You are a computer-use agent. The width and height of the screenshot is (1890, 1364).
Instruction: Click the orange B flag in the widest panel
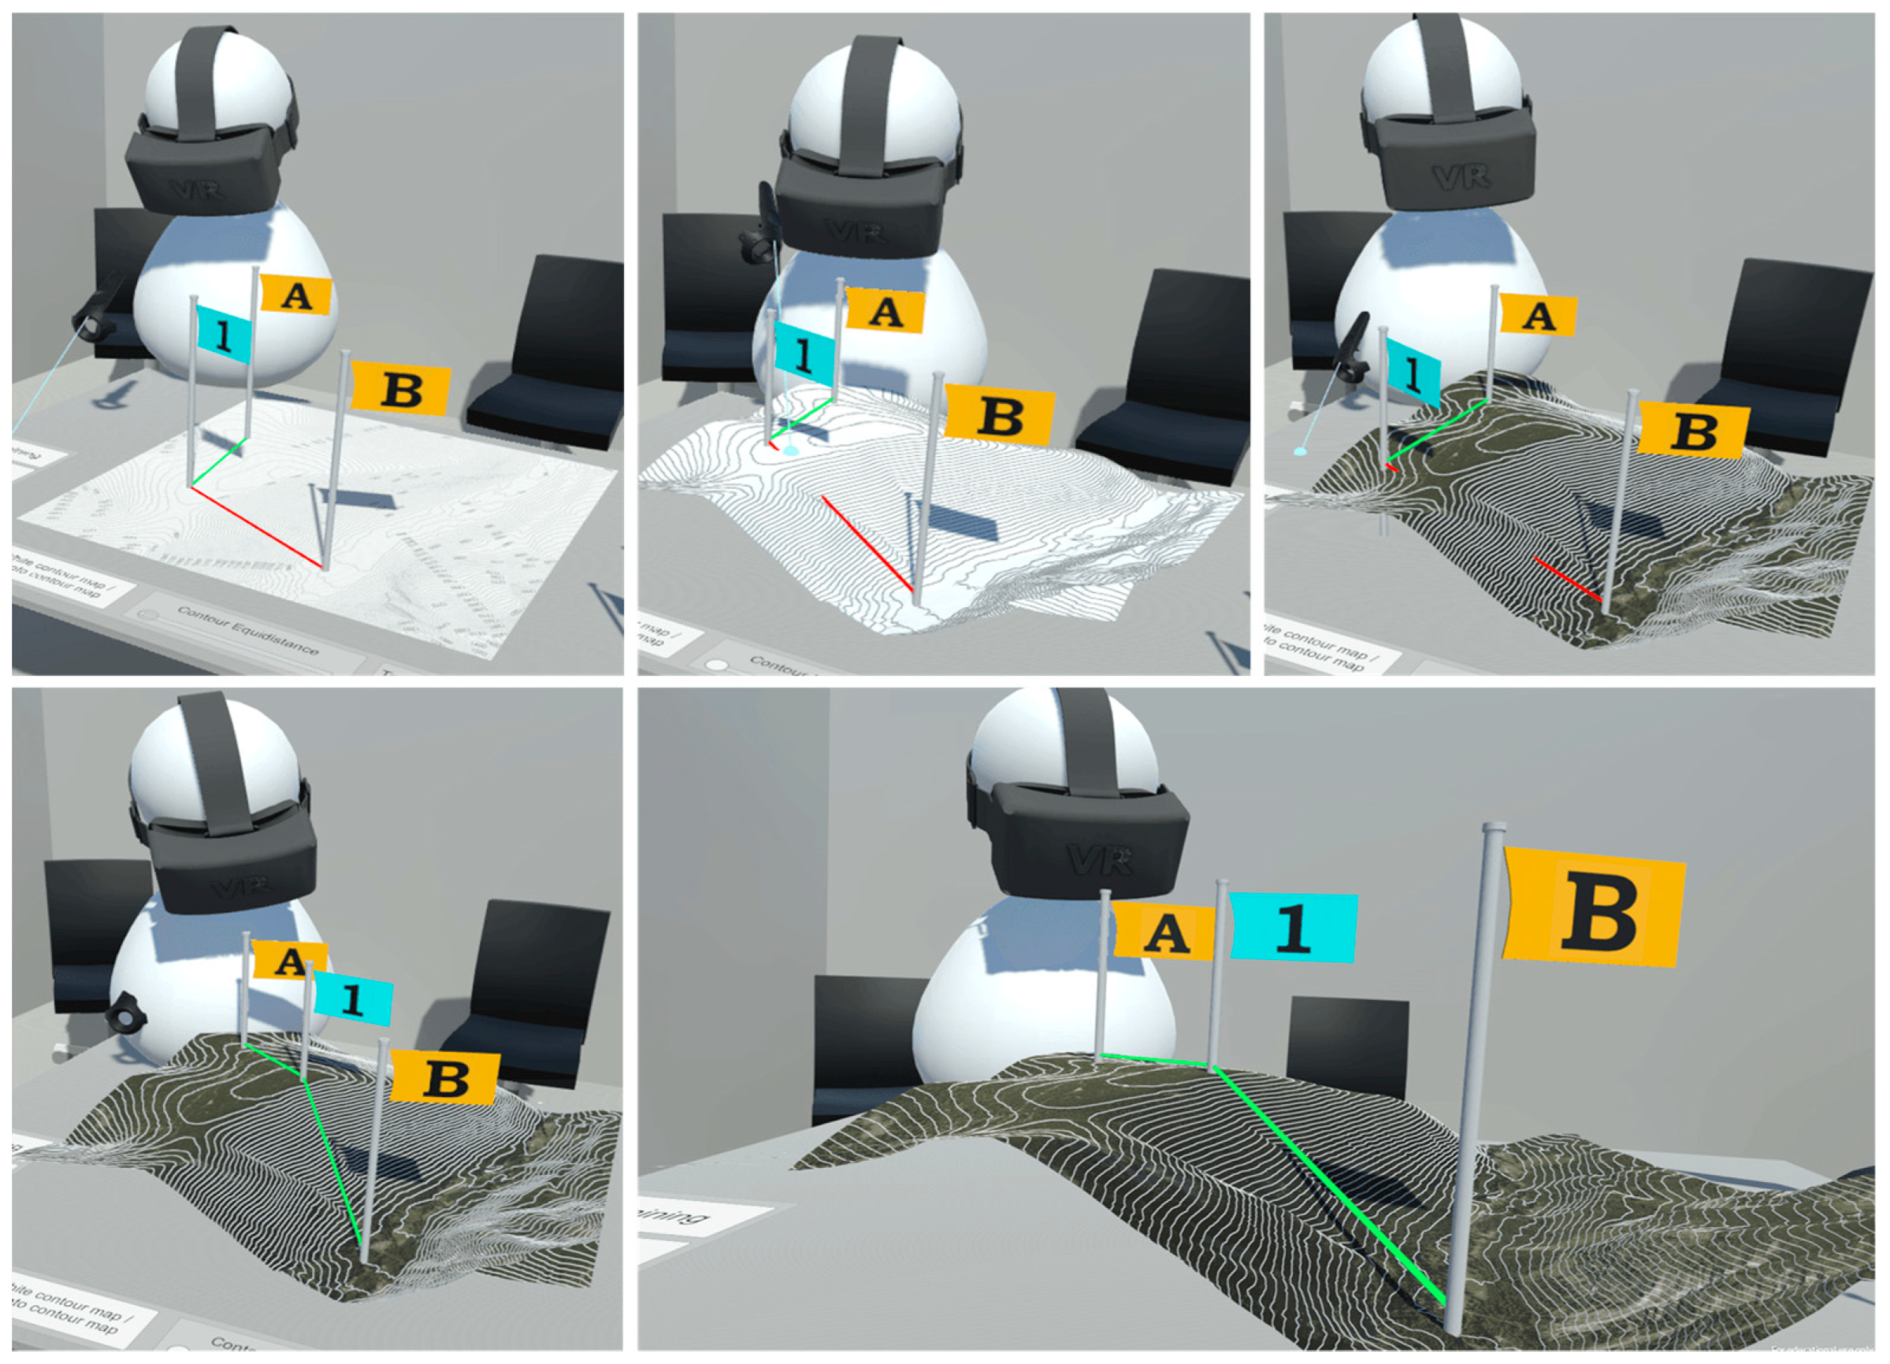[x=1593, y=907]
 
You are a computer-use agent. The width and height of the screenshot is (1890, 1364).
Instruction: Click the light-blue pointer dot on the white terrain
[x=791, y=450]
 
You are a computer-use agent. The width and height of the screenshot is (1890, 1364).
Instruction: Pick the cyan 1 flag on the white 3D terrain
[x=804, y=355]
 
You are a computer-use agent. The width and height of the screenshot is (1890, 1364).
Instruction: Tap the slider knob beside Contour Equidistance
[x=149, y=615]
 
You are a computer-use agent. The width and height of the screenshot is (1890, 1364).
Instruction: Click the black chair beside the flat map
[x=550, y=358]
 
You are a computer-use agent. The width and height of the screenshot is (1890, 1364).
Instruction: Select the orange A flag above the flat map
[x=296, y=295]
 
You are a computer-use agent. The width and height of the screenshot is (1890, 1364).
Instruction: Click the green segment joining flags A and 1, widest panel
[x=1156, y=1060]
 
